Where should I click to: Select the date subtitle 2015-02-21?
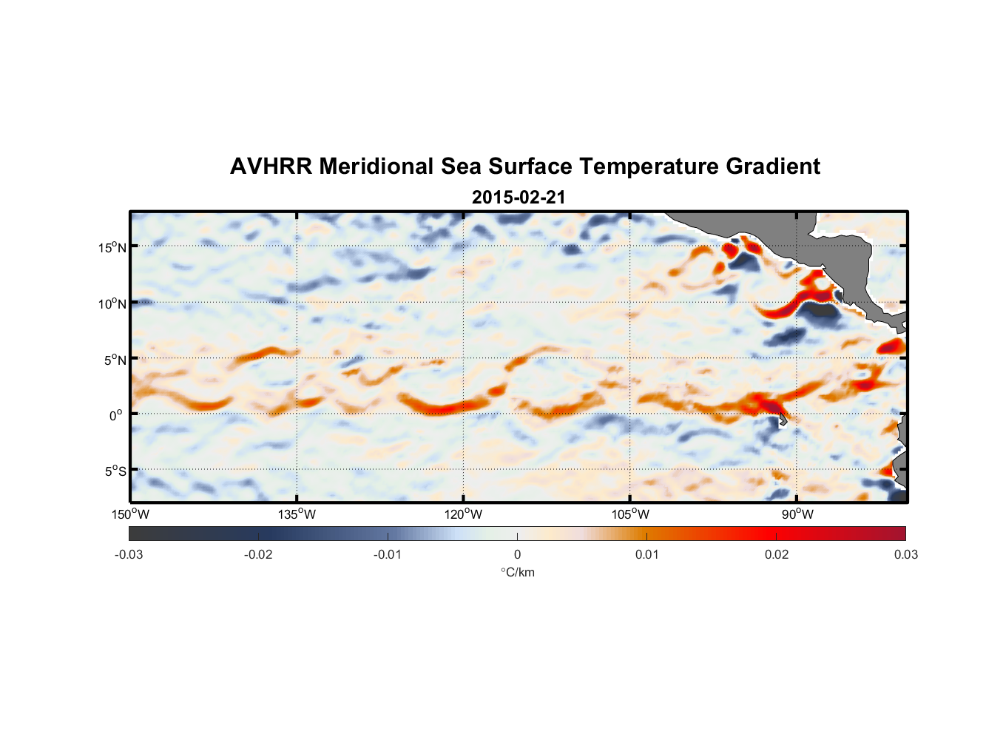tap(519, 198)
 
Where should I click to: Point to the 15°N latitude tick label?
tap(112, 247)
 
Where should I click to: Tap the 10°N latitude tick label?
tap(112, 303)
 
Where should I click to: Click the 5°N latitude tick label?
tap(115, 360)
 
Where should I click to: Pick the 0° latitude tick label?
tap(116, 415)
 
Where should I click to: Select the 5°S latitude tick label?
tap(115, 471)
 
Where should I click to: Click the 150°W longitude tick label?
tap(130, 514)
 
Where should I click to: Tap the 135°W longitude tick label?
tap(297, 514)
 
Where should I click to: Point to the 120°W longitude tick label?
tap(463, 514)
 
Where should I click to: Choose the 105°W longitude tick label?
tap(630, 514)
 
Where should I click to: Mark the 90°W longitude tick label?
tap(797, 514)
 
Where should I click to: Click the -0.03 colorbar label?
tap(129, 554)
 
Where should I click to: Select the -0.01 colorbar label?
tap(388, 554)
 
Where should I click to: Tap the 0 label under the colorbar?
tap(517, 554)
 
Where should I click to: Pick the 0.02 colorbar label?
tap(777, 554)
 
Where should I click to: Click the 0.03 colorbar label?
tap(905, 554)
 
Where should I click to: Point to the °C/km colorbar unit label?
tap(517, 572)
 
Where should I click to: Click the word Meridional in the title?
tap(376, 166)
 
